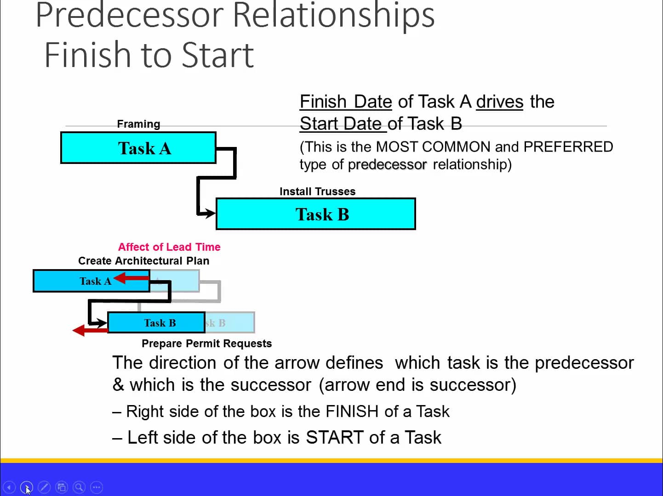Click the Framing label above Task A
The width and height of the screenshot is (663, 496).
[138, 124]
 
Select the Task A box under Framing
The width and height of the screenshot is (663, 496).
[138, 148]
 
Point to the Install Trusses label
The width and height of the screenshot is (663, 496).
[317, 192]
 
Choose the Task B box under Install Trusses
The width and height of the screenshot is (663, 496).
[316, 214]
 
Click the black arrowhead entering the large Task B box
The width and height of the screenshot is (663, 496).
[210, 213]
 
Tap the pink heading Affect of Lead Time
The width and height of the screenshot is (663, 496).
[169, 247]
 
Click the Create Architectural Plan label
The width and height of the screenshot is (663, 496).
[143, 261]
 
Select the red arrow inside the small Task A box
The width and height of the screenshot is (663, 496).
[131, 278]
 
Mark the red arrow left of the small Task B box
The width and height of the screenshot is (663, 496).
[89, 330]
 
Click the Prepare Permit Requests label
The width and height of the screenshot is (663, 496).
[206, 344]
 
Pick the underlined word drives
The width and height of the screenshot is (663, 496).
[499, 101]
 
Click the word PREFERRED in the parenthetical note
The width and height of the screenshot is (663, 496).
[568, 147]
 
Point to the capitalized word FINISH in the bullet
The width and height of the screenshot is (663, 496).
[352, 411]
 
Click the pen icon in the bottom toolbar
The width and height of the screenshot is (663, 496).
[44, 487]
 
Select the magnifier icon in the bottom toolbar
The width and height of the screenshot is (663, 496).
[79, 487]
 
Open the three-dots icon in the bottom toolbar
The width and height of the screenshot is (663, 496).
[97, 487]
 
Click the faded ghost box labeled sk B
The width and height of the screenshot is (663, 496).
[230, 323]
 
